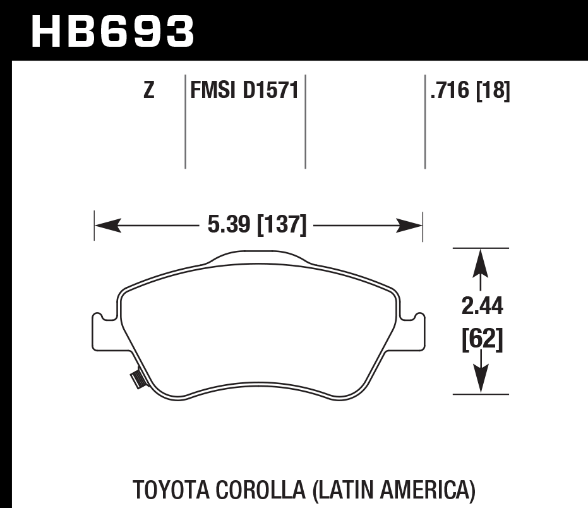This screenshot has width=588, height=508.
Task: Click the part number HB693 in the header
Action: click(112, 32)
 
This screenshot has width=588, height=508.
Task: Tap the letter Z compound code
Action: click(148, 92)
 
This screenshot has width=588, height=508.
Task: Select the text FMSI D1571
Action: click(244, 92)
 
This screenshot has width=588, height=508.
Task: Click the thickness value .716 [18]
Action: click(469, 92)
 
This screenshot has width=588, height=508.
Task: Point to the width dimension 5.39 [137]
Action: click(257, 224)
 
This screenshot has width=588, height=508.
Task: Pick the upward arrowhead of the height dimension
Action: click(481, 260)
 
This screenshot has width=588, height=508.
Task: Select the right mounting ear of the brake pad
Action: click(414, 331)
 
